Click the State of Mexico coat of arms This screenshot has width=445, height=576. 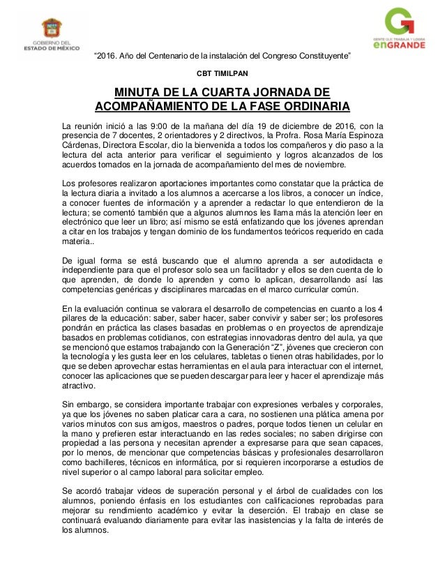pyautogui.click(x=52, y=29)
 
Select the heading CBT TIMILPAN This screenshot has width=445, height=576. pyautogui.click(x=222, y=73)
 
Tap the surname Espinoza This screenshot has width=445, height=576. pyautogui.click(x=361, y=135)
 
